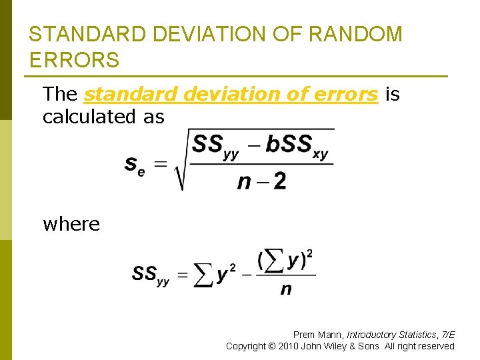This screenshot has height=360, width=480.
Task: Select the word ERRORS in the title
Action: pos(74,60)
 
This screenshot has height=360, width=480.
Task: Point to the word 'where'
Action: pos(71,224)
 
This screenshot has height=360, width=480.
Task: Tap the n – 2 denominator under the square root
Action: pos(262,180)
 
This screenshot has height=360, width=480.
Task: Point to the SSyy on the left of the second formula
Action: pos(151,275)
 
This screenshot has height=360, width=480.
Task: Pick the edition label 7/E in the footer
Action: pos(448,334)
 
